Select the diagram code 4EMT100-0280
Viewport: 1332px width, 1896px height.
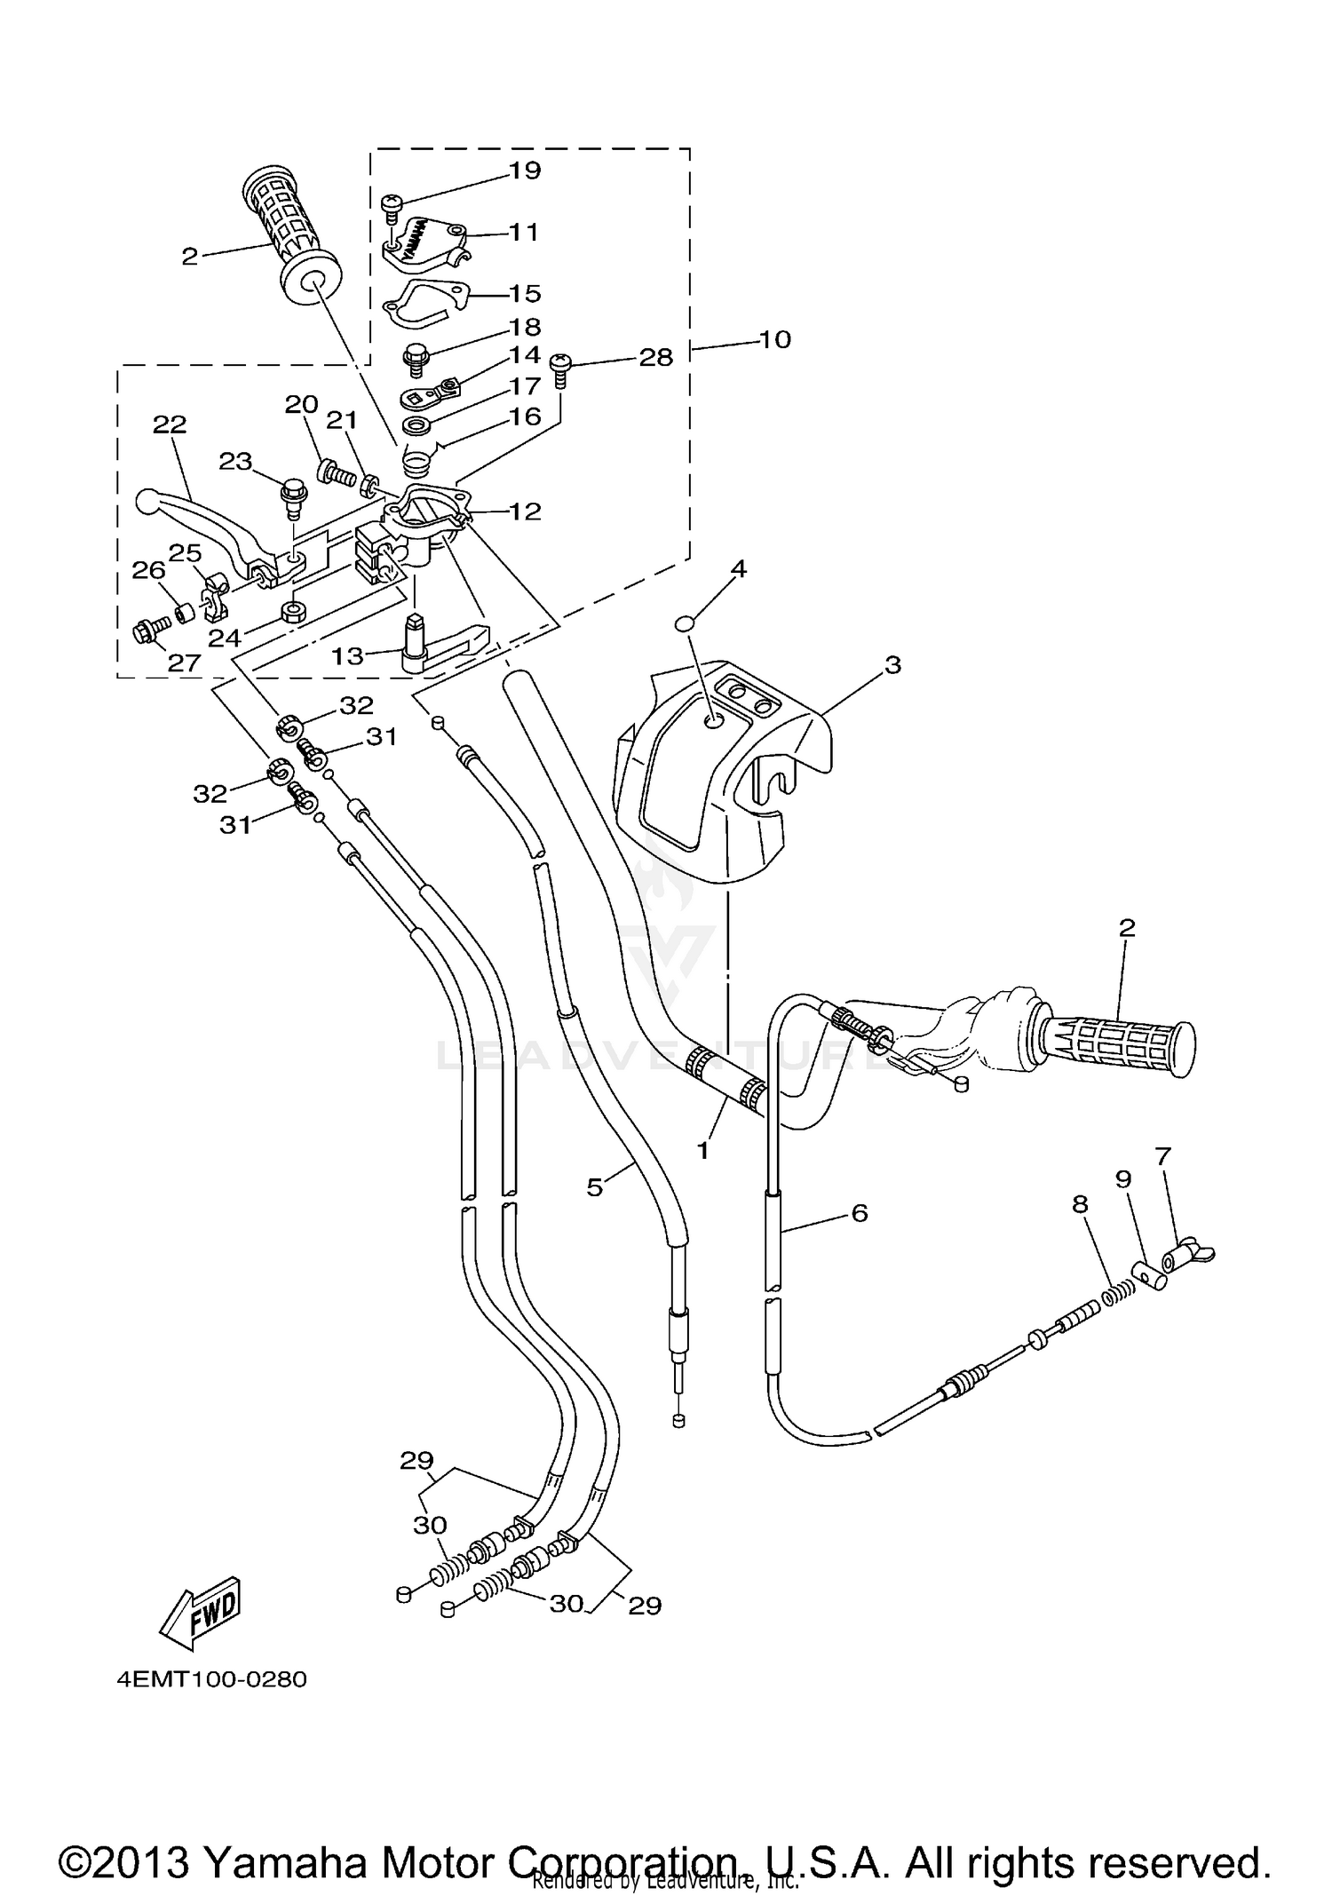(211, 1680)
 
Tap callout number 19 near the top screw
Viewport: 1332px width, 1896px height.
(525, 170)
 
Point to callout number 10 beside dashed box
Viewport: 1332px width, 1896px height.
(774, 339)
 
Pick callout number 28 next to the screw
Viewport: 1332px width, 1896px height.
(655, 357)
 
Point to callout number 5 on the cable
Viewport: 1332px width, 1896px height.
(594, 1186)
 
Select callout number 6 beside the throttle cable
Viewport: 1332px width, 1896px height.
(859, 1212)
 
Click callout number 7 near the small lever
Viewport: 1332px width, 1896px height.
(1163, 1155)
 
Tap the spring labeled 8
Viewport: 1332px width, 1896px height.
(1121, 1297)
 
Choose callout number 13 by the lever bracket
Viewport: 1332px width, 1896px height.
(347, 655)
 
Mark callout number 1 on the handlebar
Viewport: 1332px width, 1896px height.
(703, 1151)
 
